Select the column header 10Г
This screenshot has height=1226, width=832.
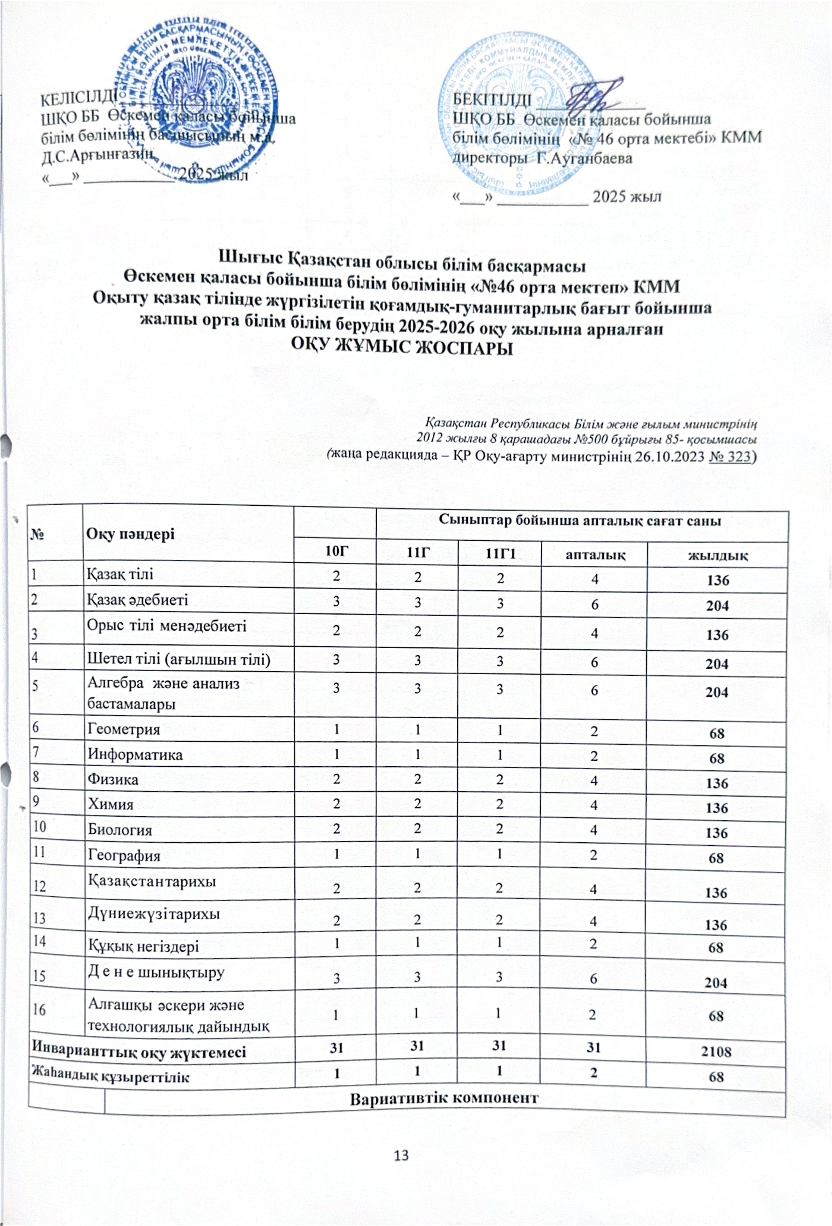tap(336, 553)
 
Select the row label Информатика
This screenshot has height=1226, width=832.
tap(135, 755)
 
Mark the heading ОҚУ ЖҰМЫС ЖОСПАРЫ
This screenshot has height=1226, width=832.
tap(403, 348)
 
